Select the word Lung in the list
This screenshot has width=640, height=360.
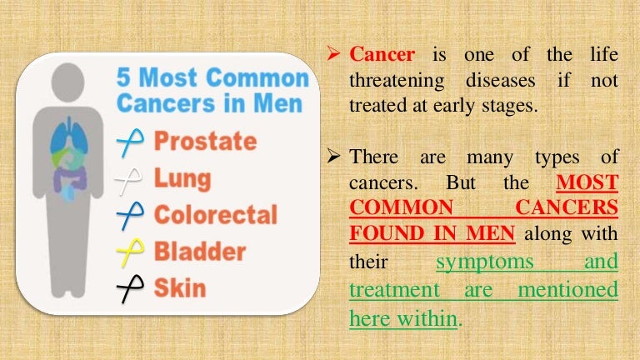pos(182,178)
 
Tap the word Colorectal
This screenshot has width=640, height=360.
pos(215,214)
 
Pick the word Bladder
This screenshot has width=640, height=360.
pos(200,251)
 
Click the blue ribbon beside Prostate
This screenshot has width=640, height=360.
pos(130,143)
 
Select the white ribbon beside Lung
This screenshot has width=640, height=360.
pos(130,179)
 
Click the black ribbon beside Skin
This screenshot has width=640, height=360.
pos(130,288)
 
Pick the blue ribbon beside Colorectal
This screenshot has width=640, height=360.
pos(130,215)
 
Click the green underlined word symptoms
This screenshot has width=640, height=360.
pos(487,262)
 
